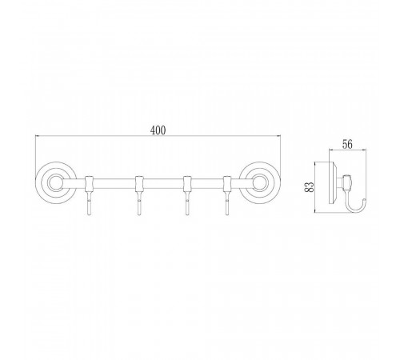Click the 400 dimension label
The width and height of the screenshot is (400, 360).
coord(158,130)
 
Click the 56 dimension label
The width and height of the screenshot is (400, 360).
coord(347,145)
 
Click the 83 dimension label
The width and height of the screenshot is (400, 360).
coord(309,187)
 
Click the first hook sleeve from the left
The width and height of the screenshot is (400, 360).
coord(89,184)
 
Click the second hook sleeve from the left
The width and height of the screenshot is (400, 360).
coord(138,184)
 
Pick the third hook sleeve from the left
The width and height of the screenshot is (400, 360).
coord(187,184)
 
